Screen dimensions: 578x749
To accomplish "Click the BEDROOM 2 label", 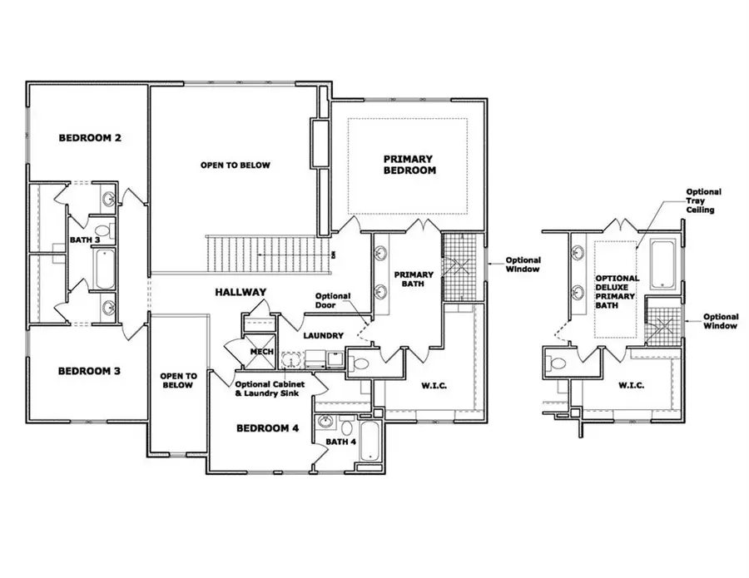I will click(90, 137).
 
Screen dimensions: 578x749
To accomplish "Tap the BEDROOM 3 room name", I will click(89, 371).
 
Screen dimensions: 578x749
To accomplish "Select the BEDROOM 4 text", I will click(268, 429).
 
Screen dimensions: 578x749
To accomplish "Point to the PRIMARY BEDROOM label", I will click(409, 164).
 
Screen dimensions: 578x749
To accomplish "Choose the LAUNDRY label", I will click(323, 335).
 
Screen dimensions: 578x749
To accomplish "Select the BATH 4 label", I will click(340, 442).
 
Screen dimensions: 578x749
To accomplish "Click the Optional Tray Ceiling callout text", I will click(702, 200).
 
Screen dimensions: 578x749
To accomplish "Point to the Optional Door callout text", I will click(335, 301).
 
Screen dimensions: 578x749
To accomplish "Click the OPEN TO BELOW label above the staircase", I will click(235, 165).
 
